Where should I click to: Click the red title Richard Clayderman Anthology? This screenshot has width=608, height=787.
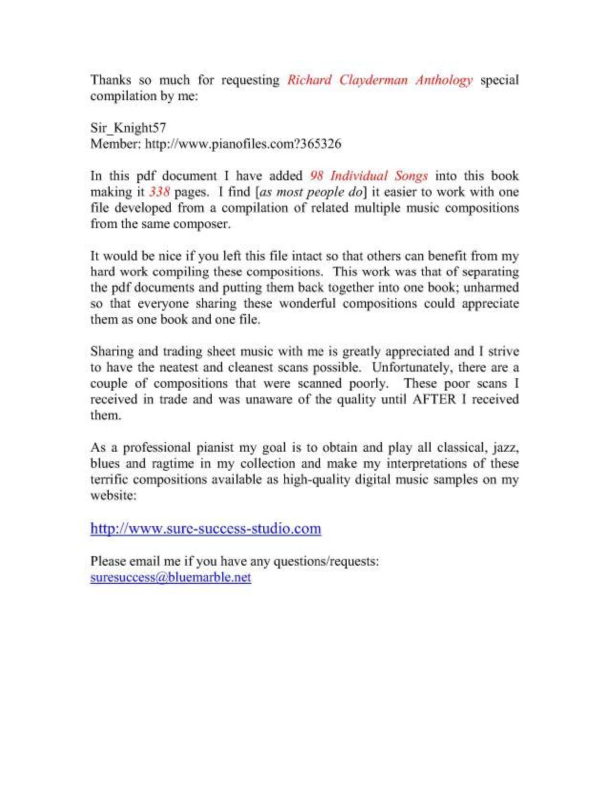[x=380, y=80]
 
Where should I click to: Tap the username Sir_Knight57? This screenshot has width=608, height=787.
[x=128, y=128]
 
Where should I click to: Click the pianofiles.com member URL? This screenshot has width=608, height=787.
[x=243, y=144]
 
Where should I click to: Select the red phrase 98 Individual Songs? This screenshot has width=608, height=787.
[x=369, y=176]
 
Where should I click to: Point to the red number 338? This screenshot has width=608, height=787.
[x=159, y=192]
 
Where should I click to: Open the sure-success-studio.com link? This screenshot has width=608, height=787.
[x=206, y=528]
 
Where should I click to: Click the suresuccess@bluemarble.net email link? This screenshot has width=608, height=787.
[x=171, y=577]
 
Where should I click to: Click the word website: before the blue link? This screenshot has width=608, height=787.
[x=113, y=496]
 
